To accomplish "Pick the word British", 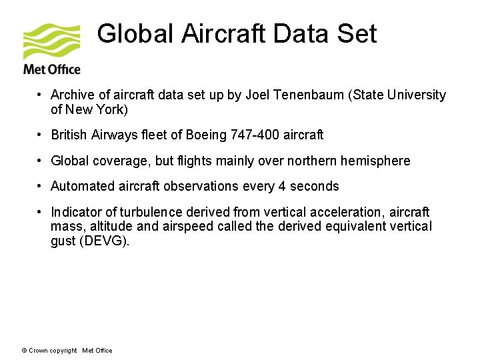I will click(x=69, y=135).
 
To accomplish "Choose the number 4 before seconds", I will click(x=283, y=186).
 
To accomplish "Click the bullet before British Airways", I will click(x=41, y=135).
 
